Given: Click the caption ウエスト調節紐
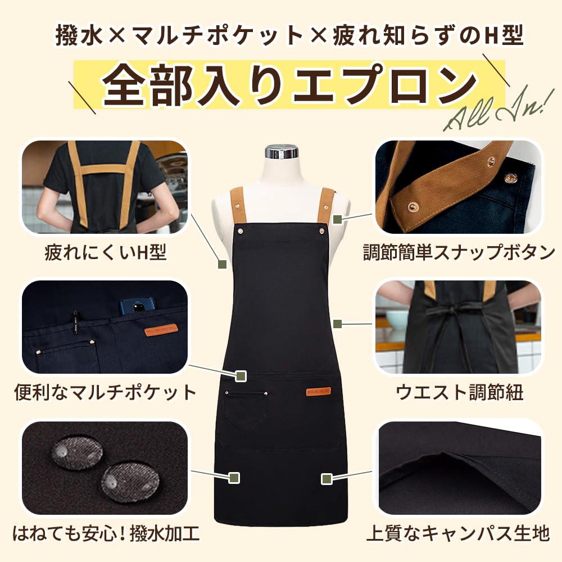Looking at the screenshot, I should coord(459,392).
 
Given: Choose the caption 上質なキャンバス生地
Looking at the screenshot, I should coord(457,532).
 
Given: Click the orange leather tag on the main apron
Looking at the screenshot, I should coord(318,391).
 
